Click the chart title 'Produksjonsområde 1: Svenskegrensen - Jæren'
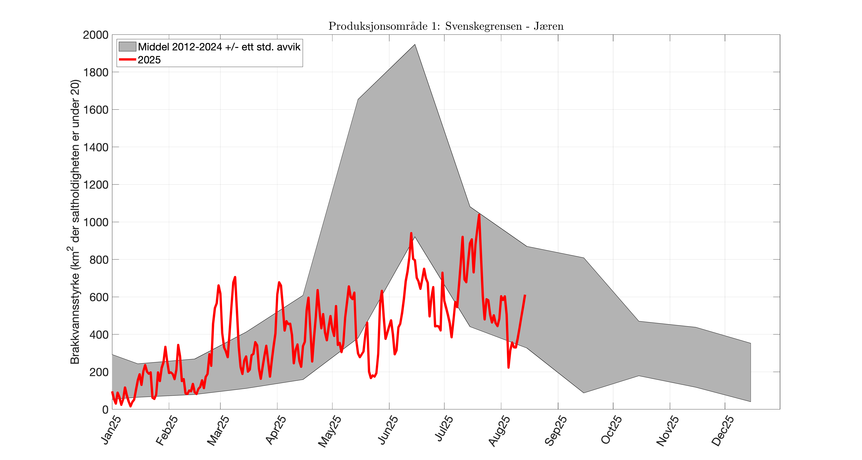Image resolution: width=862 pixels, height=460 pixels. click(446, 26)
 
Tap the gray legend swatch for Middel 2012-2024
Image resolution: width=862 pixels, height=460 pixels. click(127, 47)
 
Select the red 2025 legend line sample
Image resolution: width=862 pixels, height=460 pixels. click(127, 60)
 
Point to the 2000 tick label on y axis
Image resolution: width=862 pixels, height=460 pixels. click(96, 35)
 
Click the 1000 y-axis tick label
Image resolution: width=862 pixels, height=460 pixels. click(96, 222)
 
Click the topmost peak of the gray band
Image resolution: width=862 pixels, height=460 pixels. click(415, 45)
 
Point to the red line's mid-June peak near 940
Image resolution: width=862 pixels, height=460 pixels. click(411, 233)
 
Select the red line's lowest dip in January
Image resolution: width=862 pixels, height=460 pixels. click(130, 406)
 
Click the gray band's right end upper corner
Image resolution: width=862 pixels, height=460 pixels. click(751, 343)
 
